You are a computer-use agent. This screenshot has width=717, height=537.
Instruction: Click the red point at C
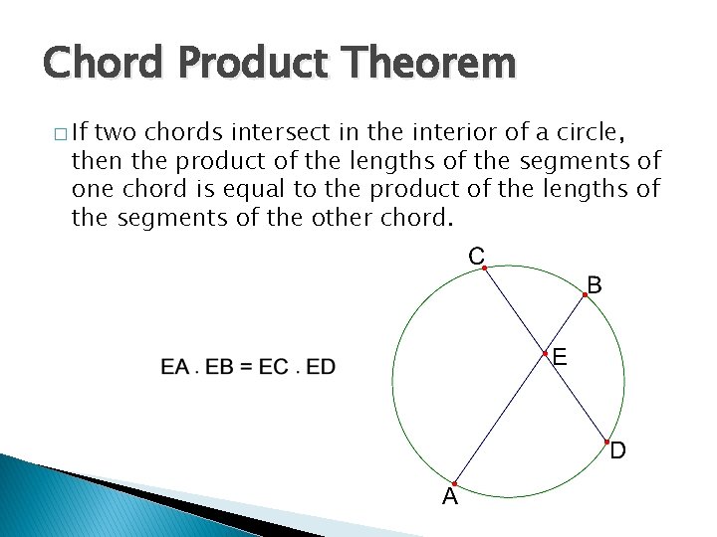coord(484,268)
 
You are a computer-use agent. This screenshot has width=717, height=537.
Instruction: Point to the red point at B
coord(585,295)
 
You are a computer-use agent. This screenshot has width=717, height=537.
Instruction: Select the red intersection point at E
coord(545,353)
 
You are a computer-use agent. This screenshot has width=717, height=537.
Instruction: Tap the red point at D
coord(607,441)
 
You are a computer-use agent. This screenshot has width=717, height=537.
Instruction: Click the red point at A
coord(453,483)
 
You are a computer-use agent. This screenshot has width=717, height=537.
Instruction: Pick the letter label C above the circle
coord(476,255)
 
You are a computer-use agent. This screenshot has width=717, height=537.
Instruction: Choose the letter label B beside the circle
coord(594,285)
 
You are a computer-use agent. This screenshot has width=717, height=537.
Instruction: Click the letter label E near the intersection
coord(560,356)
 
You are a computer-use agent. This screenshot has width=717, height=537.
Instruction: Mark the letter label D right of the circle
coord(618,451)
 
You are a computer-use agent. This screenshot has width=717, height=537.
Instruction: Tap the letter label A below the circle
coord(450,497)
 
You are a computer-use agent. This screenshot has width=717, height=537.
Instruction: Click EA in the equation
coord(174,367)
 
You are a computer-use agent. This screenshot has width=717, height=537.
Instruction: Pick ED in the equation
coord(321,367)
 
